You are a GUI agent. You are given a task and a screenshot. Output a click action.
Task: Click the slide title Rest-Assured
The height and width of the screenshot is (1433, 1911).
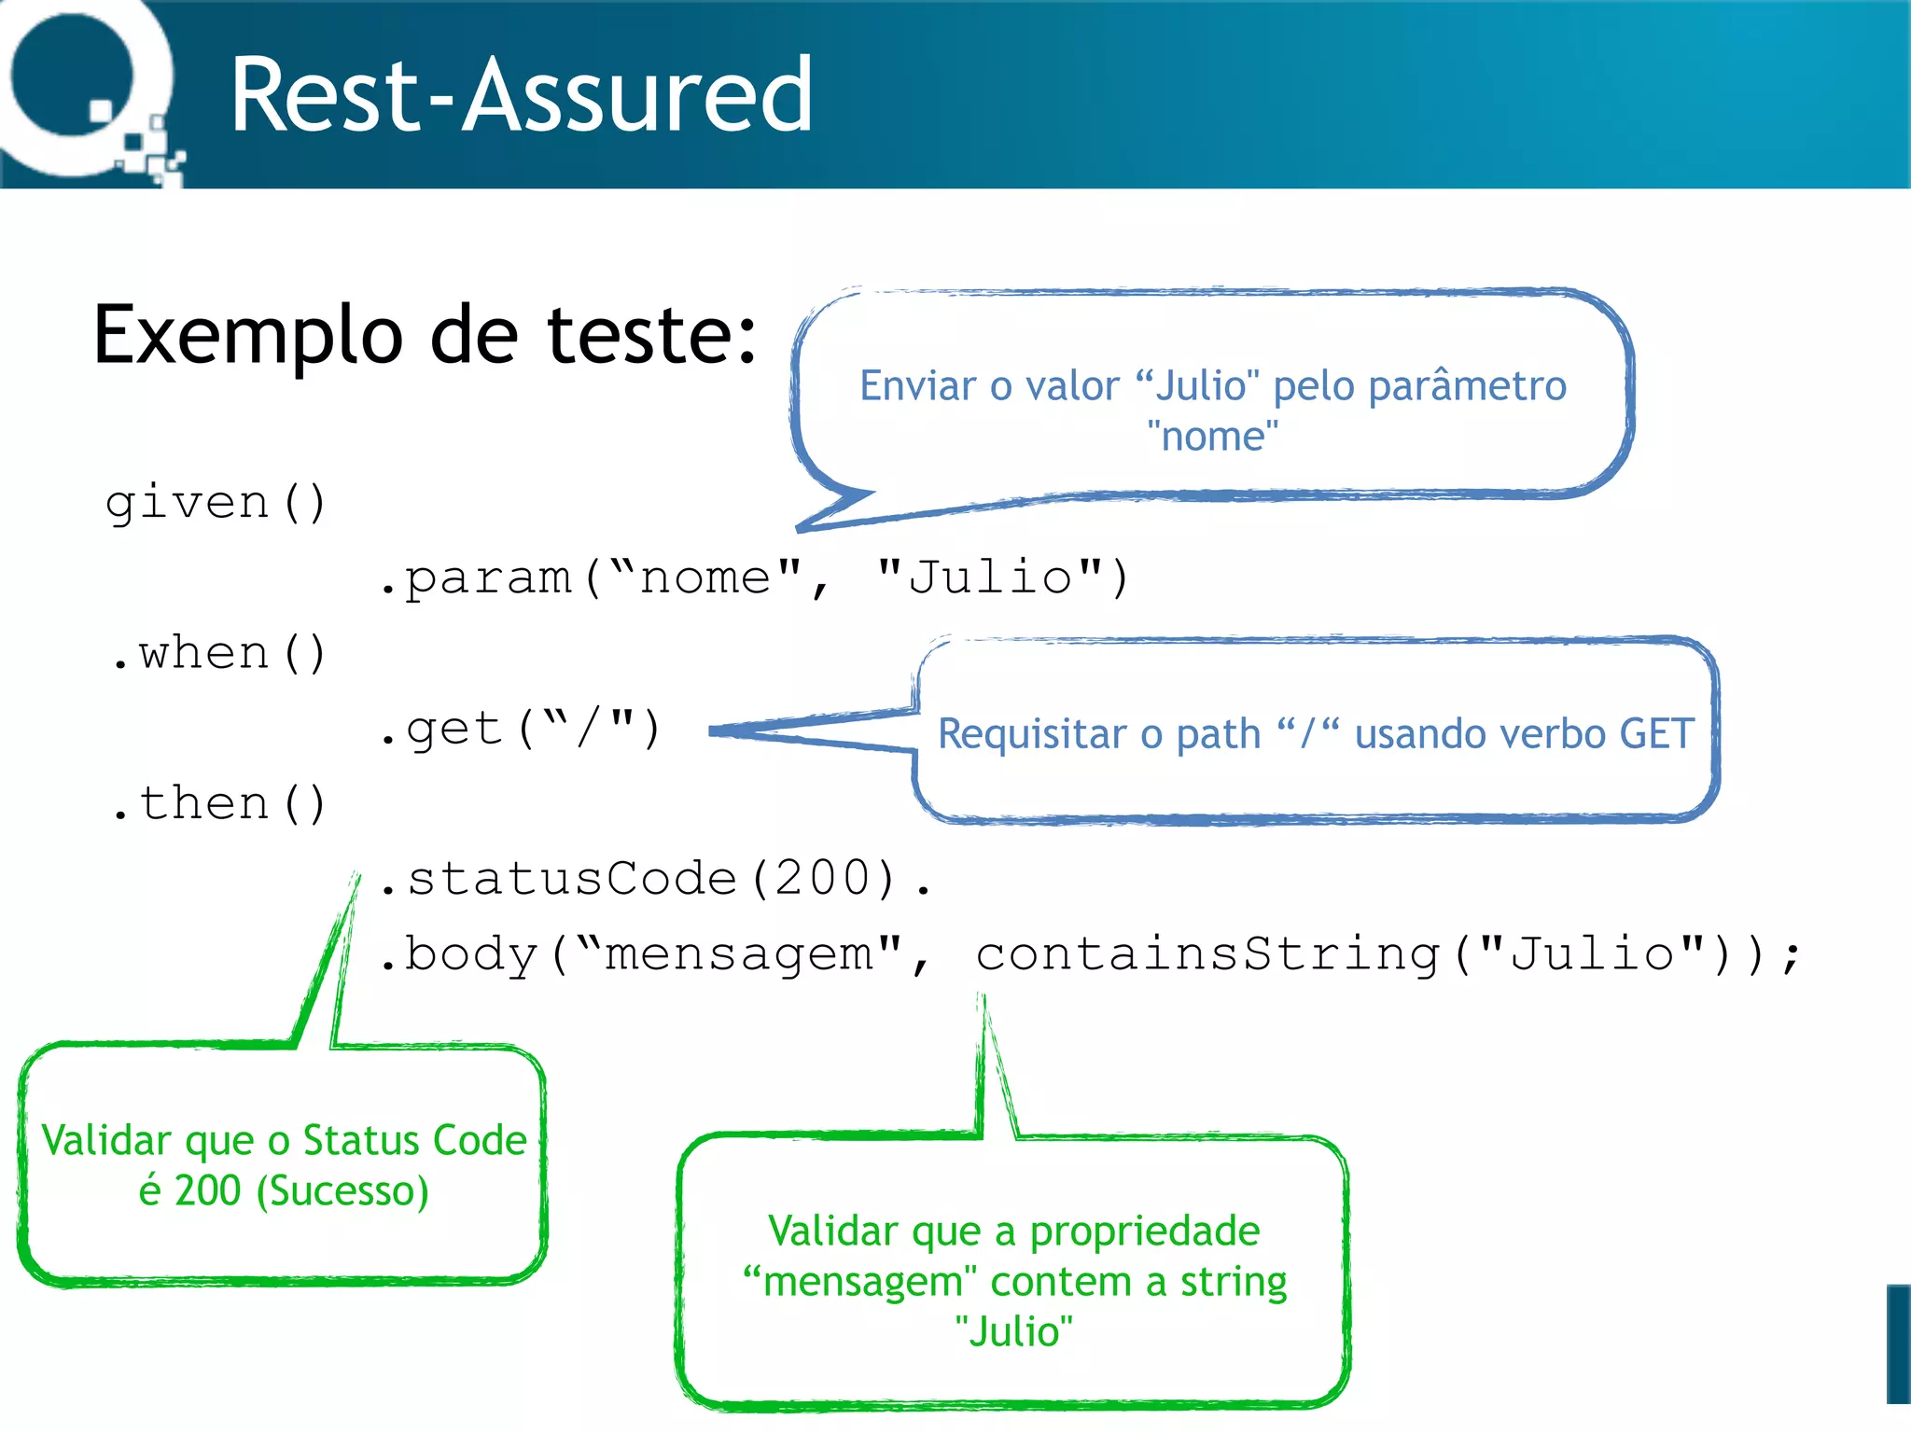pos(521,95)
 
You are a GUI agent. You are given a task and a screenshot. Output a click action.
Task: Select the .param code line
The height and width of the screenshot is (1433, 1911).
pos(754,578)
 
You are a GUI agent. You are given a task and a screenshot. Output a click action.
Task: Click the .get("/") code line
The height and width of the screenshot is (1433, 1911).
pos(520,730)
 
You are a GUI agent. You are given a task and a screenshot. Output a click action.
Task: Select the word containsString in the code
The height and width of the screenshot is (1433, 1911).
pos(1208,954)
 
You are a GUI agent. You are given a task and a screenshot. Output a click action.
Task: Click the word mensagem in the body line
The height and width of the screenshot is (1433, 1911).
pos(739,954)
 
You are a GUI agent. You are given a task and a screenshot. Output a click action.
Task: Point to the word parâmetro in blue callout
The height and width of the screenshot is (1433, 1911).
pos(1467,386)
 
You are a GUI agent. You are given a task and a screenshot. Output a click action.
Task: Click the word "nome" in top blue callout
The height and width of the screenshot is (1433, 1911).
pos(1212,437)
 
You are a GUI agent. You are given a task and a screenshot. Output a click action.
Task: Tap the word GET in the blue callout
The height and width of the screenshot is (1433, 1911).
pos(1656,734)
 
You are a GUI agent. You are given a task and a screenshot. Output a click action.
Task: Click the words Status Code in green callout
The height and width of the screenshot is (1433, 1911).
pos(414,1141)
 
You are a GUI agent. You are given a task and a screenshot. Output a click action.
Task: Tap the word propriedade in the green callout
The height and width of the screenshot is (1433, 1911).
pos(1144,1231)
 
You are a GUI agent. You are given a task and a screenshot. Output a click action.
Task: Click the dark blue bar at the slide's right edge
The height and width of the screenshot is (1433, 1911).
pos(1898,1343)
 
